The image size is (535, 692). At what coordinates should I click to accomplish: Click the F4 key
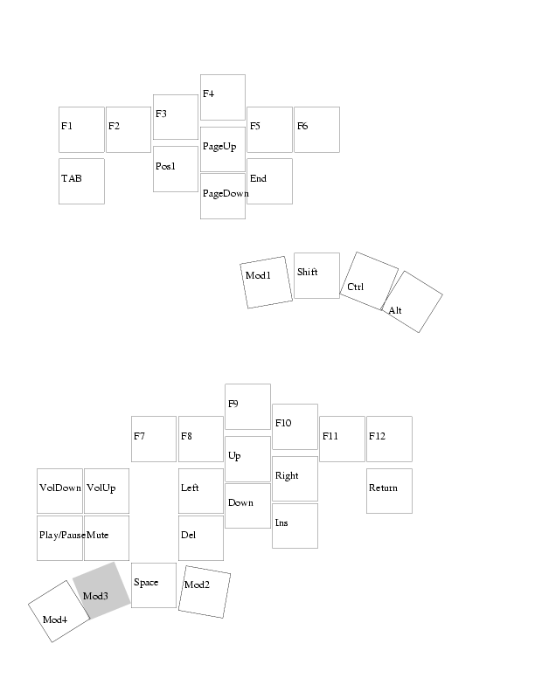[222, 97]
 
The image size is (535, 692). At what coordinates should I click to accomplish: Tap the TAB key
[81, 182]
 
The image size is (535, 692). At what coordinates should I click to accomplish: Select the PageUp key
[222, 149]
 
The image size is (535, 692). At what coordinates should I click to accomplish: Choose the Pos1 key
[175, 169]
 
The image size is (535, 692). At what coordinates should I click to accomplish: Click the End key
[270, 182]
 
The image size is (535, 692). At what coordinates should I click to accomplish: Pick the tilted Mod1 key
[266, 282]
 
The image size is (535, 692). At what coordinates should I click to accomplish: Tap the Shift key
[317, 275]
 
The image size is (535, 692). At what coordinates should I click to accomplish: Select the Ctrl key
[369, 281]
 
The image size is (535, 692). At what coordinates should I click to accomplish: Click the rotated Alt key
[412, 301]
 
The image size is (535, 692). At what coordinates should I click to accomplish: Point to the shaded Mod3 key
[101, 591]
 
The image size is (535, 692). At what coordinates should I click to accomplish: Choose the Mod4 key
[59, 612]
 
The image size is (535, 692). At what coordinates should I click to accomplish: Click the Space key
[154, 585]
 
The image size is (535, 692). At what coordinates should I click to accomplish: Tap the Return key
[389, 491]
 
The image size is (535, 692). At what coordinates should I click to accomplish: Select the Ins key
[295, 526]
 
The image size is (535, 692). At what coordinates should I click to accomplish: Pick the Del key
[201, 538]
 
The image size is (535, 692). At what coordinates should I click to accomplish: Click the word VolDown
[60, 488]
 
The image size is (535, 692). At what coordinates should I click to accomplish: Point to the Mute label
[98, 535]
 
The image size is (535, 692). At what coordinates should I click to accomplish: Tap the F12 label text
[377, 436]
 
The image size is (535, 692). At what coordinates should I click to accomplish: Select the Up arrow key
[247, 459]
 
